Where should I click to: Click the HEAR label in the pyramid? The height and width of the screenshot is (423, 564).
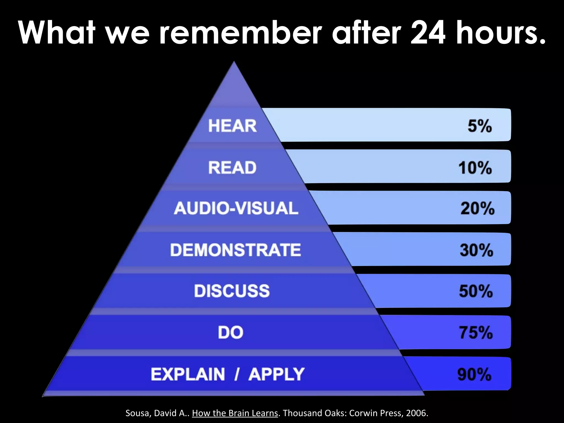click(232, 126)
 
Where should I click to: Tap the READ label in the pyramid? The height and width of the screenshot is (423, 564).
click(232, 167)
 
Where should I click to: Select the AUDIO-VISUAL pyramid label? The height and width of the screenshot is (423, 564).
click(236, 208)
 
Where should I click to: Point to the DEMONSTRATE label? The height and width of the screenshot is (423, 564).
click(235, 250)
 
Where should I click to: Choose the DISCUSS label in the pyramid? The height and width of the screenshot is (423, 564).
click(232, 291)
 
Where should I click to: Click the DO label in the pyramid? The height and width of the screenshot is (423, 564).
click(231, 332)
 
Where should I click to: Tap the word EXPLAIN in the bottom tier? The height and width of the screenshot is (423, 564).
click(188, 374)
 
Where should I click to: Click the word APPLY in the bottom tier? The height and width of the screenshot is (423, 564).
click(276, 374)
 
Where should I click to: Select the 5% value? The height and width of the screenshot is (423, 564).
click(479, 126)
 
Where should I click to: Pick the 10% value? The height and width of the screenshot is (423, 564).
click(475, 167)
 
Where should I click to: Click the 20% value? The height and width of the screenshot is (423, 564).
click(477, 208)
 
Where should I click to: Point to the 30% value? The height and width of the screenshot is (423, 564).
click(476, 250)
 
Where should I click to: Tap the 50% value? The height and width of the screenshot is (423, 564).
click(476, 291)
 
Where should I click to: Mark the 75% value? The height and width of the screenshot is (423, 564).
click(476, 332)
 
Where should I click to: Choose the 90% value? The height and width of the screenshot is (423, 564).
click(474, 375)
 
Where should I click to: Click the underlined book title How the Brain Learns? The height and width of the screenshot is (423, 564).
click(235, 413)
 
